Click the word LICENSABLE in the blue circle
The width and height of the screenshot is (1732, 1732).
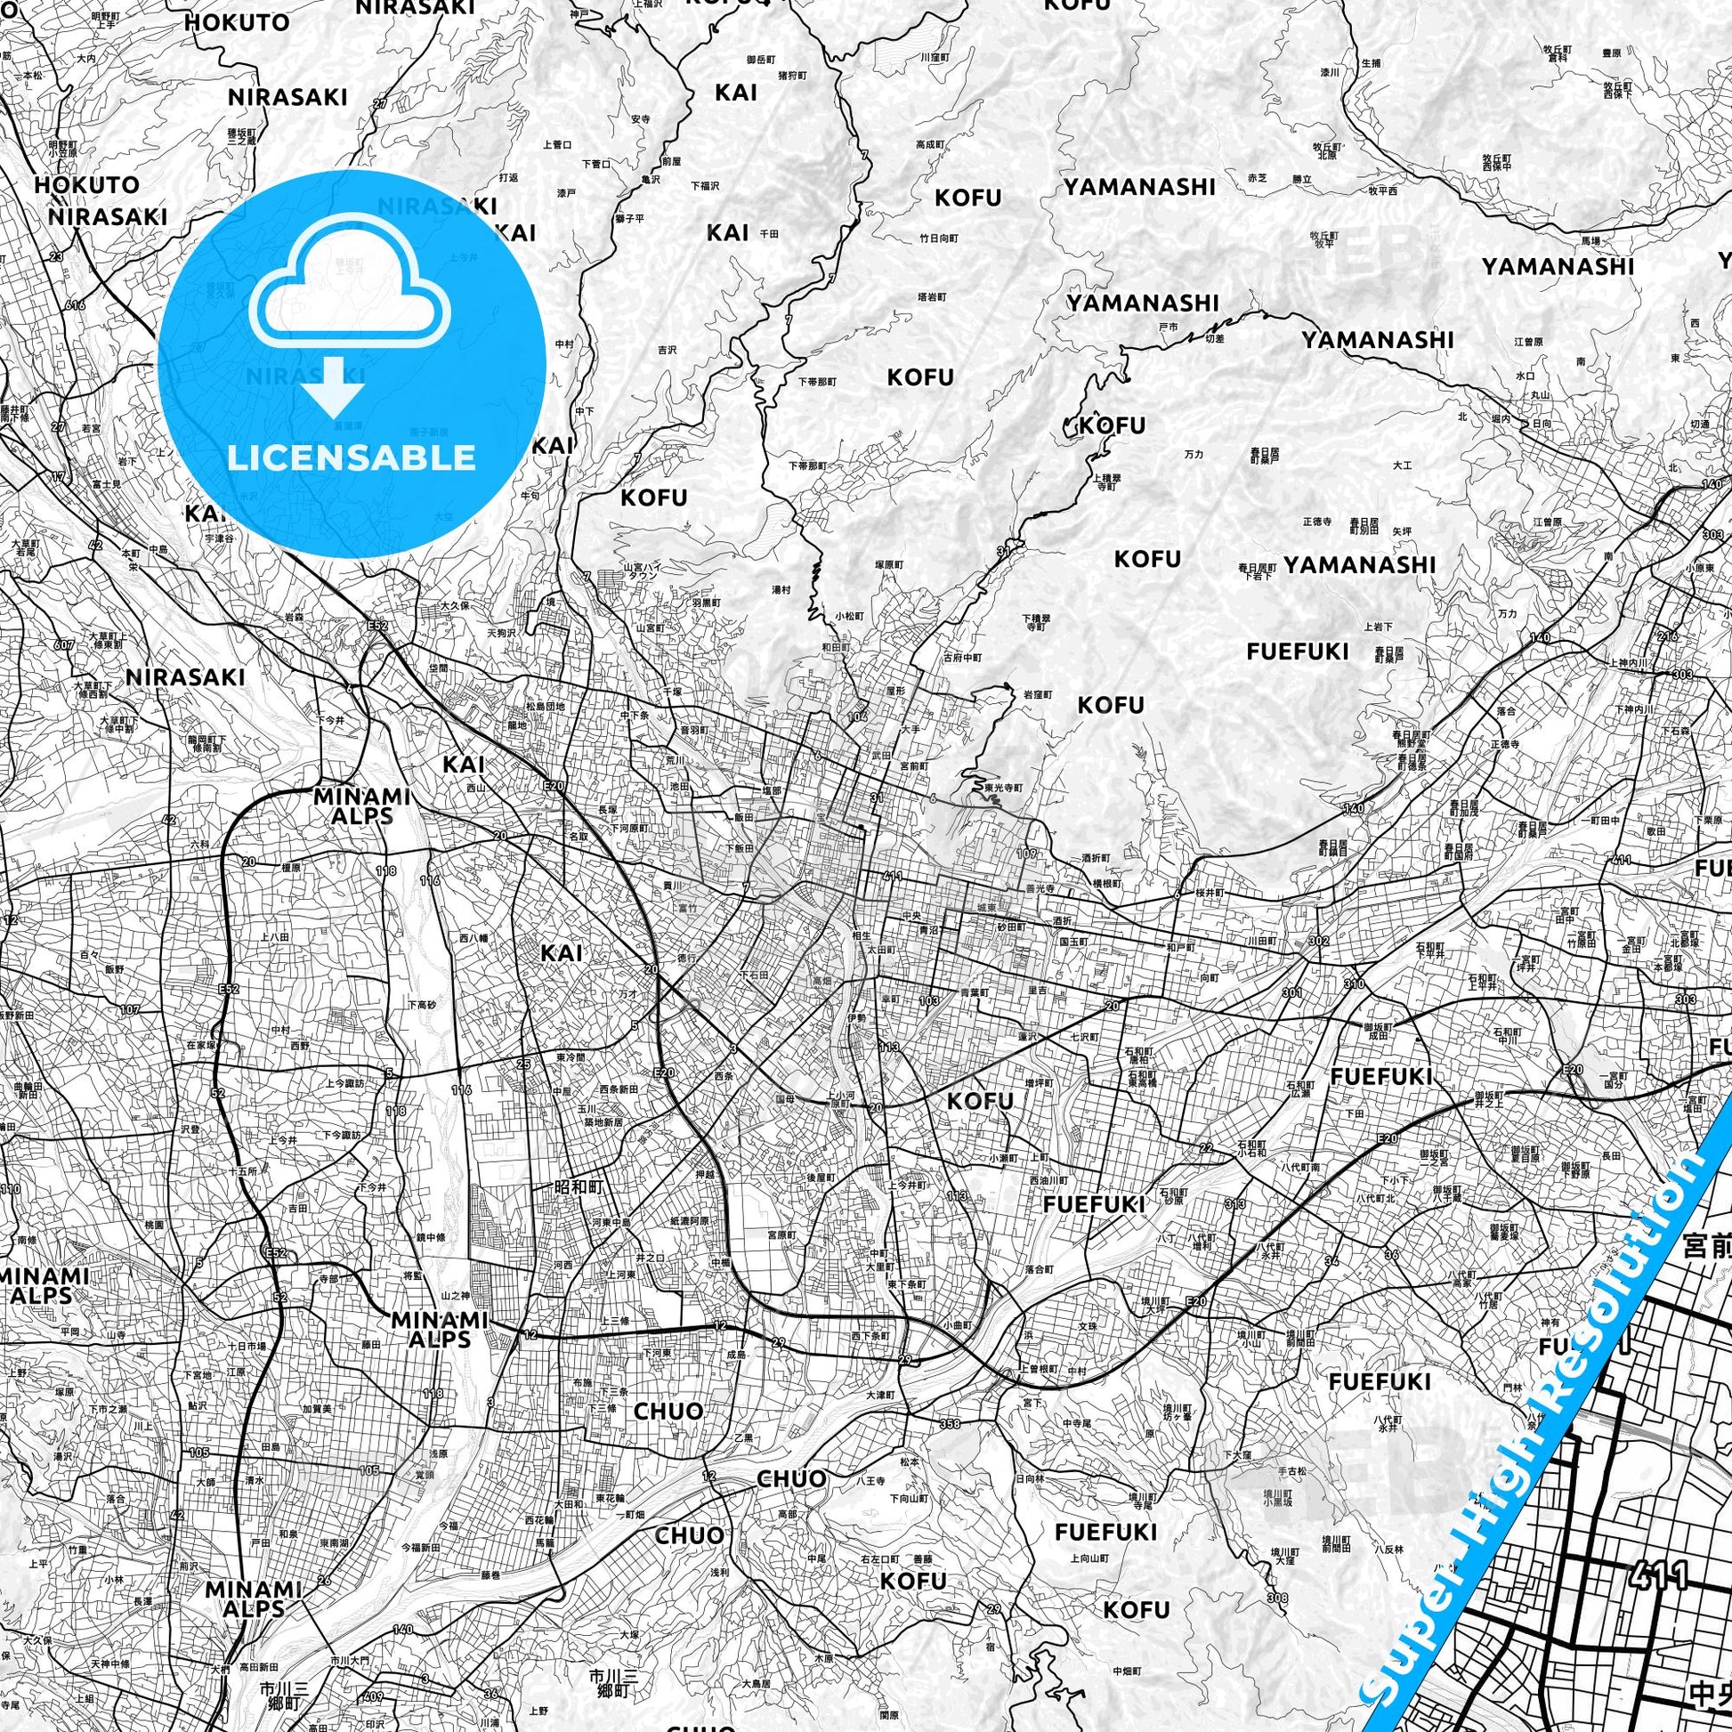(x=351, y=458)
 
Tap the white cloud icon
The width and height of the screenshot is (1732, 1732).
(x=351, y=285)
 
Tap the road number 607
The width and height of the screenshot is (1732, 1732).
(x=64, y=644)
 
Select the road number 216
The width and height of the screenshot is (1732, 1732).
(x=1667, y=635)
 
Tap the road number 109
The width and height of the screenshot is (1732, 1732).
(x=1026, y=854)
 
